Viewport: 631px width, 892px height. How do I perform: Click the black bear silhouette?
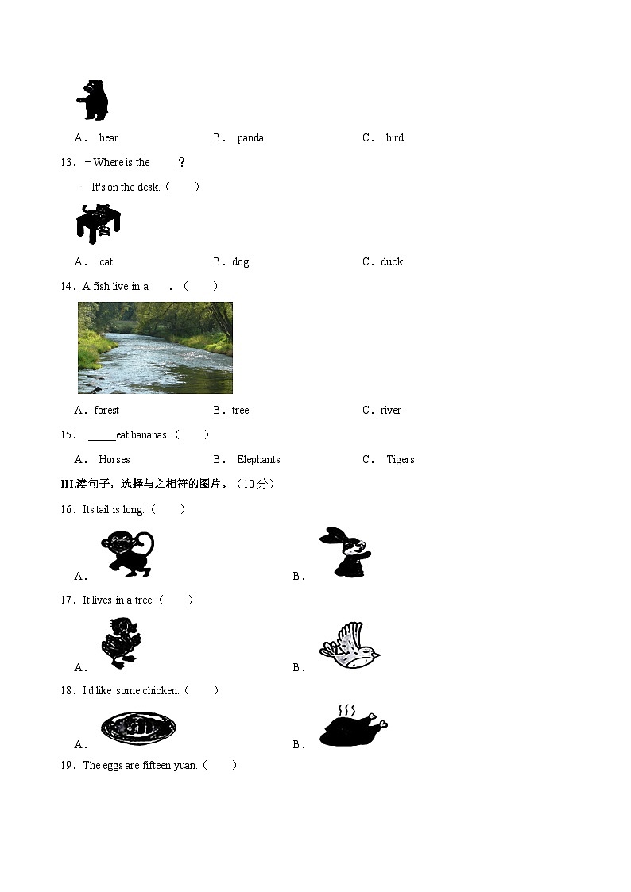[x=93, y=100]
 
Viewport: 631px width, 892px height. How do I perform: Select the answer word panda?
[x=250, y=137]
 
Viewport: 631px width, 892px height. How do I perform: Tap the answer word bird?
[x=395, y=137]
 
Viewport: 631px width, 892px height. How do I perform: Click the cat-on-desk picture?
[x=98, y=223]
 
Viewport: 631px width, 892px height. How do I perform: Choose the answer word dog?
[x=241, y=261]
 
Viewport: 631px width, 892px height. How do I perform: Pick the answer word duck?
[x=392, y=261]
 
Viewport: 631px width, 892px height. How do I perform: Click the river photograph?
[x=155, y=348]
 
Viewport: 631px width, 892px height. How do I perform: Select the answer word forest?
[x=106, y=410]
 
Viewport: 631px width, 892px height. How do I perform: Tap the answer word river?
[x=390, y=410]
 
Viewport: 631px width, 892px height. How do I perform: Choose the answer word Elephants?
[x=258, y=459]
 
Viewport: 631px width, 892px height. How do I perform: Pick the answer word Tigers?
[x=401, y=460]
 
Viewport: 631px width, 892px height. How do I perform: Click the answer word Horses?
[x=114, y=459]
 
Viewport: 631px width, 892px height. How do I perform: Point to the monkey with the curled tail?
[x=128, y=554]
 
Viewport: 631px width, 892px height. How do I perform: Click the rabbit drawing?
[x=346, y=552]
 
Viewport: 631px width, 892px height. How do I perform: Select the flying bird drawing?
[x=350, y=644]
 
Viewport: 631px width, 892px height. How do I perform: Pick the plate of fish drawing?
[x=138, y=728]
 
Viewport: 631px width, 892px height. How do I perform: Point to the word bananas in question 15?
[x=149, y=435]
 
